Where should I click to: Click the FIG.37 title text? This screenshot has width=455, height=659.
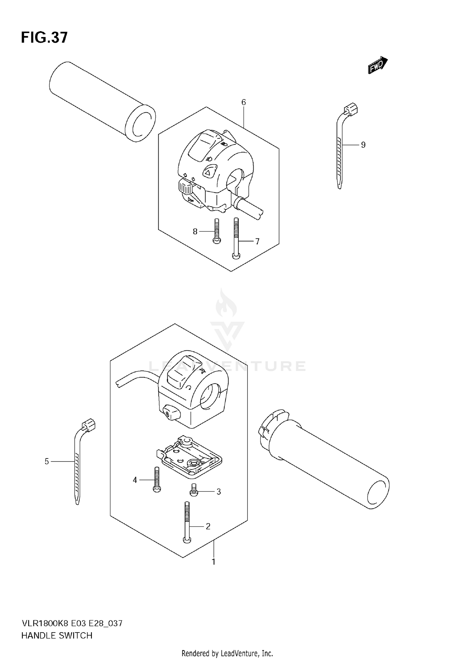coord(44,38)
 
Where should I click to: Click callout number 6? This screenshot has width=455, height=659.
coord(244,102)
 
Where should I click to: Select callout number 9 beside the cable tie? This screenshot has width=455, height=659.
coord(363,145)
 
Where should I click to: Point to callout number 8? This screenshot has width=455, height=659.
coord(195,232)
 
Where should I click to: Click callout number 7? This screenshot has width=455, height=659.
coord(257,242)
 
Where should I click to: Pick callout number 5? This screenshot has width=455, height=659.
coord(47,461)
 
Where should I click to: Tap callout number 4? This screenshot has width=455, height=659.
coord(135,480)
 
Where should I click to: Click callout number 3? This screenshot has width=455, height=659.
coord(219,492)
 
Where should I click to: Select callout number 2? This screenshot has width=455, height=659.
coord(208,526)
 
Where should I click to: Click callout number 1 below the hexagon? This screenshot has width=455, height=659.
coord(214,562)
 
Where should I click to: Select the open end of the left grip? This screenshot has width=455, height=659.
coord(140,123)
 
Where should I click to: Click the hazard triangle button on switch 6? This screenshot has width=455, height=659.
coord(209,172)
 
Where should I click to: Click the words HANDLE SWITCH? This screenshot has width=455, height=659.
coord(57,636)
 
